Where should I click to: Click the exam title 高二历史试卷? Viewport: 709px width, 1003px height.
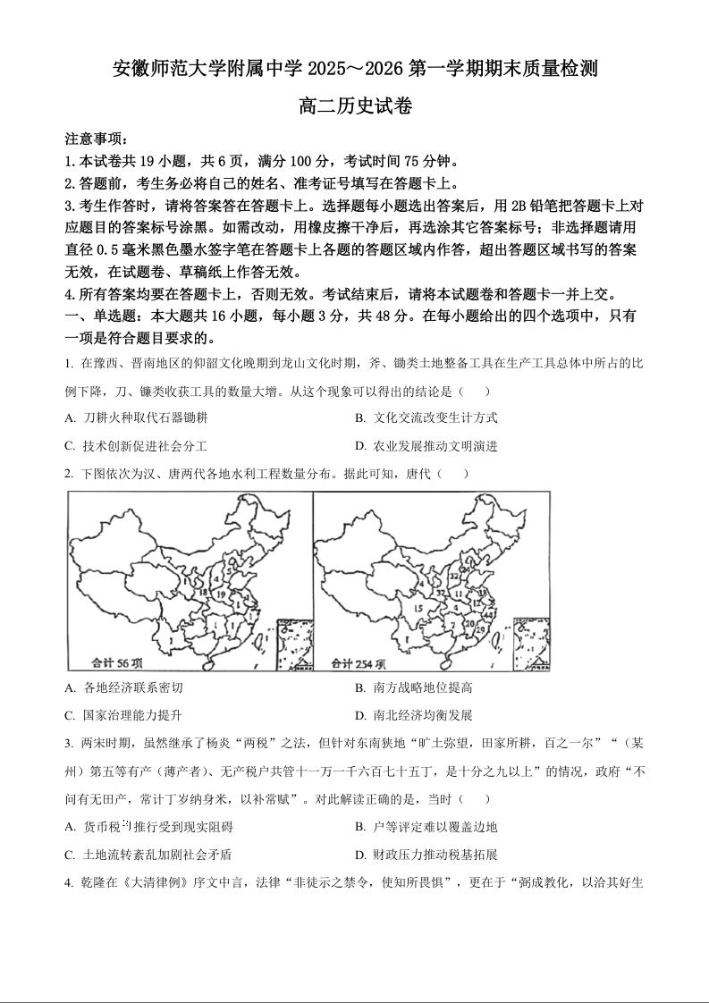[x=355, y=106]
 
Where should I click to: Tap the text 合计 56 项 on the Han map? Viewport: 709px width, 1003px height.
[x=117, y=662]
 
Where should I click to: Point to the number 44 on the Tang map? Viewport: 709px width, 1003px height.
[x=487, y=615]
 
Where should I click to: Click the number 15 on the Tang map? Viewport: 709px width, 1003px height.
[x=418, y=610]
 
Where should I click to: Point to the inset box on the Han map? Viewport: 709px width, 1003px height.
[x=294, y=643]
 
